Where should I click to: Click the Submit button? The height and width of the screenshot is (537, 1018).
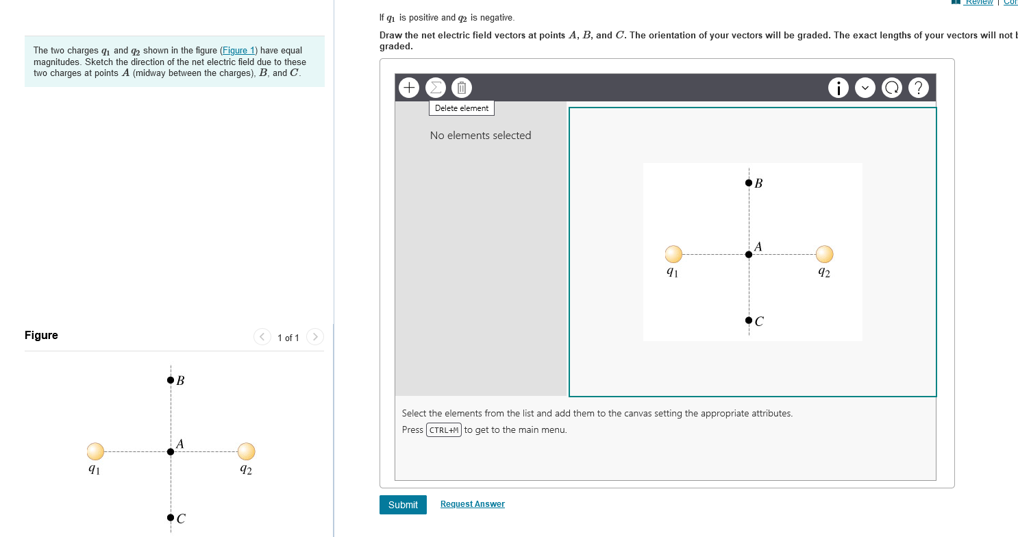point(403,505)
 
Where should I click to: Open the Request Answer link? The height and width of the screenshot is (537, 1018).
point(472,504)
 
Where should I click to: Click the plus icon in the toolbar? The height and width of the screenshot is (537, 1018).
point(409,88)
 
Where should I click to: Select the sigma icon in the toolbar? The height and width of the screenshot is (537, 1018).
point(435,88)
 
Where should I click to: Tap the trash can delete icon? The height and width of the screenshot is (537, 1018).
point(462,88)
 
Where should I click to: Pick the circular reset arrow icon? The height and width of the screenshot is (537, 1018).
point(893,88)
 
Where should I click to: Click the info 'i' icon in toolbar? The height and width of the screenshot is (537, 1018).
point(839,88)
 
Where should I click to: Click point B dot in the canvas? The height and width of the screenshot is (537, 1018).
point(748,183)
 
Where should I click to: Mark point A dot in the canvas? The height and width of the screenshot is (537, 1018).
point(748,254)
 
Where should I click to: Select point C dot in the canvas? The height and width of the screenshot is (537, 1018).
point(748,320)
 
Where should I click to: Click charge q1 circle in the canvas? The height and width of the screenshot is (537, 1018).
point(674,254)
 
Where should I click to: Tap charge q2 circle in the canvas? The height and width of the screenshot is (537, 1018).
point(824,254)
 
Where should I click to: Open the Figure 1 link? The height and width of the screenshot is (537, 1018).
point(238,51)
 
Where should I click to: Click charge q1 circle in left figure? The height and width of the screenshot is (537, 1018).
point(96,451)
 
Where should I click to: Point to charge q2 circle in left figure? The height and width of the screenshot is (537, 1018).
point(247,451)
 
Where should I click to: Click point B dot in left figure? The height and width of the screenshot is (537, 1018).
point(171,380)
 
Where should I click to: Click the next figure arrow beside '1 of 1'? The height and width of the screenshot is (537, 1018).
point(314,337)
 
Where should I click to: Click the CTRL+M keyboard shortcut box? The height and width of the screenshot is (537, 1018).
point(443,430)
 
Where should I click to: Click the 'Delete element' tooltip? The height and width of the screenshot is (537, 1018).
point(462,108)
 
